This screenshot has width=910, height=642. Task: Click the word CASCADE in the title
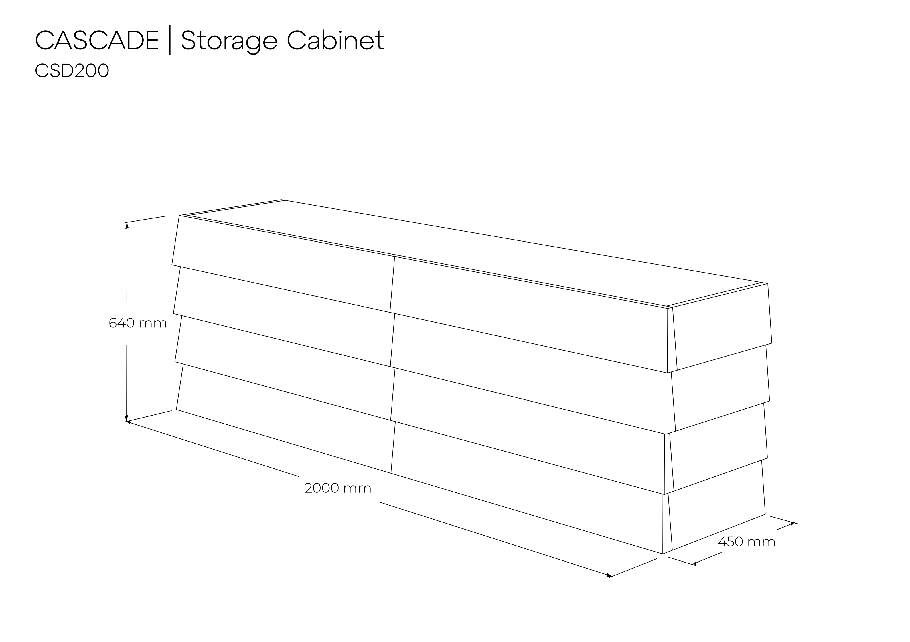(97, 40)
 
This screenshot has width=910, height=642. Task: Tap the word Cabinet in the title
(335, 40)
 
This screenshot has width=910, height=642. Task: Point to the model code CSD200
(72, 71)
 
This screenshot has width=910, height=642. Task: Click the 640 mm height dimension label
(137, 323)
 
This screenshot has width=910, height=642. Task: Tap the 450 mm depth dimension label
(747, 542)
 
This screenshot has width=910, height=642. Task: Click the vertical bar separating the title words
(170, 40)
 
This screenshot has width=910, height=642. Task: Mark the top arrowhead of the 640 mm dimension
(127, 226)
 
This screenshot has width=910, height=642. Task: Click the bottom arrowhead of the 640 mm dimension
(127, 418)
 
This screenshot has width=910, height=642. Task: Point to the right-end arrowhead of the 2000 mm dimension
(609, 575)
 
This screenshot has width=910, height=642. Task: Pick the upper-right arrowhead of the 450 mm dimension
(792, 524)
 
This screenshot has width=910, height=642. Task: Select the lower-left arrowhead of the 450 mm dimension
(694, 563)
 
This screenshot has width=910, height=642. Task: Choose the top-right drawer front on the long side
(531, 314)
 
